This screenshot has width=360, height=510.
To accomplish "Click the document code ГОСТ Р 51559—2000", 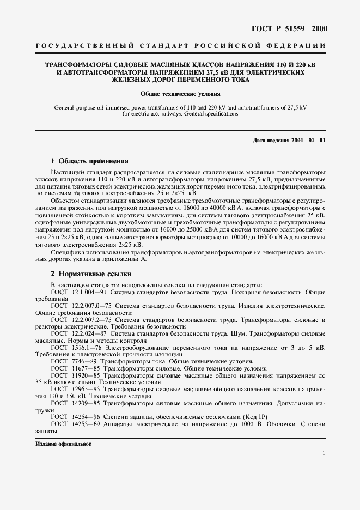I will tap(293, 28).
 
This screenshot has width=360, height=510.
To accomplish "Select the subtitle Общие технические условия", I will tap(180, 94).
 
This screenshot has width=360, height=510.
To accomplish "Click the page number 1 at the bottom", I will tap(324, 453).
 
